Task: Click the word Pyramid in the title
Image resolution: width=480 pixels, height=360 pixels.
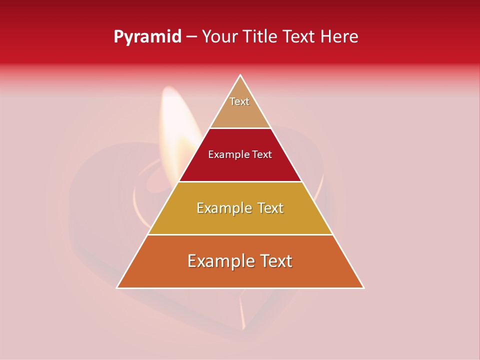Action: tap(147, 37)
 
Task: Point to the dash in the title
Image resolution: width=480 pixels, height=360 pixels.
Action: tap(191, 37)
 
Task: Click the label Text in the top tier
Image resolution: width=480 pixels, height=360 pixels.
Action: tap(239, 101)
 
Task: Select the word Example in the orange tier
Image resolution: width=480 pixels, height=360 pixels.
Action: tap(219, 261)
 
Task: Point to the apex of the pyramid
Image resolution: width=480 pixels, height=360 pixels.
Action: tap(240, 75)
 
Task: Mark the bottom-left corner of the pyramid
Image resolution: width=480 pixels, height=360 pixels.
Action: tap(117, 287)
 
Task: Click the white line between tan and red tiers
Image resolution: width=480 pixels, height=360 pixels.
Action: tap(240, 128)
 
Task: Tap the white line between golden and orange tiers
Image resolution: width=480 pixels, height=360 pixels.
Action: tap(240, 234)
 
